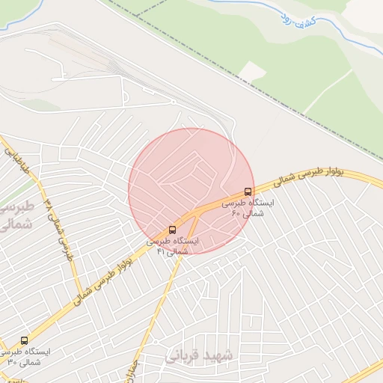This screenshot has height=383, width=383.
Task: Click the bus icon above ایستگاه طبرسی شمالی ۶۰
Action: click(248, 191)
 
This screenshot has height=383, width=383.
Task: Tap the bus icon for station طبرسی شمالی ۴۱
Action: click(173, 229)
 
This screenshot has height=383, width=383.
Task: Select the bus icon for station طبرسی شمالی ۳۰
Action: click(24, 340)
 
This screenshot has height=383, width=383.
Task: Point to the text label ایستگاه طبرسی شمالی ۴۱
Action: click(173, 246)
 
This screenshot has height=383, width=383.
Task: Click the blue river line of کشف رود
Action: click(352, 30)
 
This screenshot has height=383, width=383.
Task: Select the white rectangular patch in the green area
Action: click(254, 71)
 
